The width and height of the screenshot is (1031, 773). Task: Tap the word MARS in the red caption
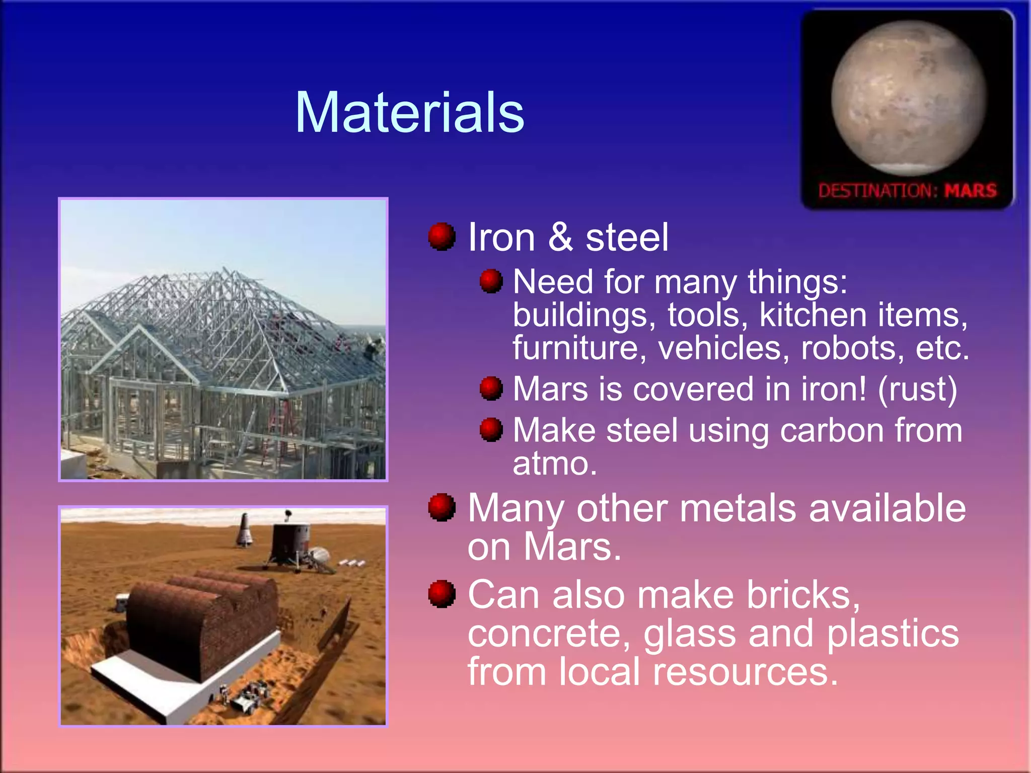970,191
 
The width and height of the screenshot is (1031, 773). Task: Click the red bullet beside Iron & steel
441,237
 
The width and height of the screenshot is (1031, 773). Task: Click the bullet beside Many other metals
441,507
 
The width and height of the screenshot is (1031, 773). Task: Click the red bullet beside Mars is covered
491,389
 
